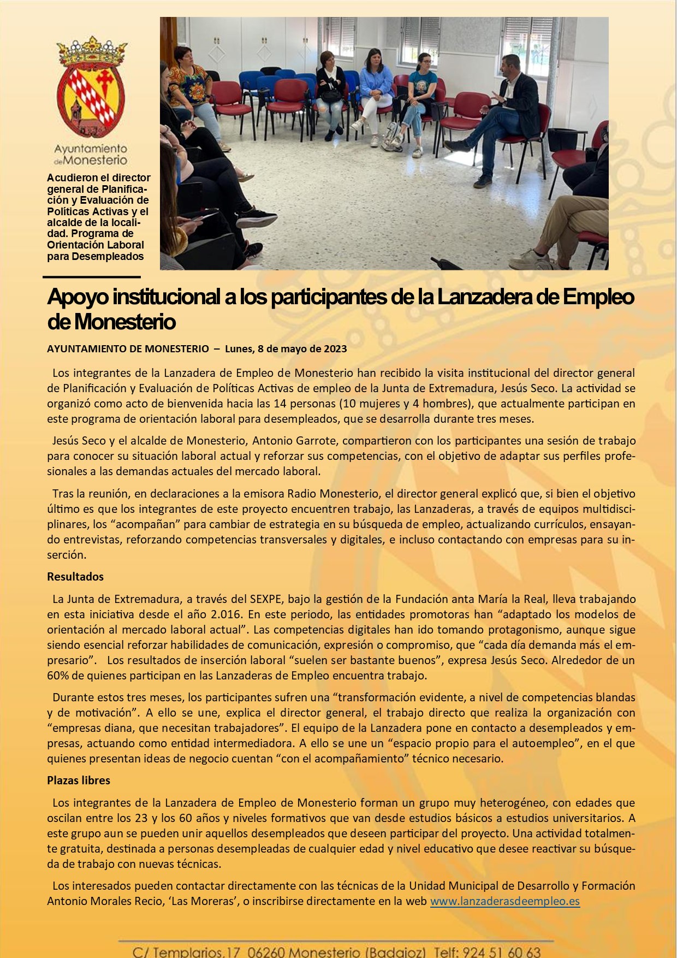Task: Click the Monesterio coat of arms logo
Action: tap(91, 87)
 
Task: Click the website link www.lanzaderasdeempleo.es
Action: tap(504, 901)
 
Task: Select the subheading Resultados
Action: tap(75, 577)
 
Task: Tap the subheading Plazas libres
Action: tap(79, 780)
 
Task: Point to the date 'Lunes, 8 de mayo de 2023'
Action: tap(286, 349)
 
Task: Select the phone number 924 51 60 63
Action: tap(501, 952)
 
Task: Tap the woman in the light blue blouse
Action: tap(376, 93)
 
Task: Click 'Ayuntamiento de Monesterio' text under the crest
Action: tap(91, 155)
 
